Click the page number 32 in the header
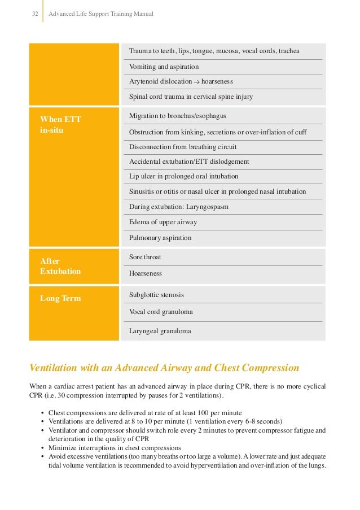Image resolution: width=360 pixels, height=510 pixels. (34, 13)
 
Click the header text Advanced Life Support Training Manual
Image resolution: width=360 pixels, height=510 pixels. (101, 13)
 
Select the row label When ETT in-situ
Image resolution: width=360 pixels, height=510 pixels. (61, 124)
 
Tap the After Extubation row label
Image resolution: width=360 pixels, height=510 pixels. (60, 266)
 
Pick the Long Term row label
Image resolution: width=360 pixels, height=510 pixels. (60, 298)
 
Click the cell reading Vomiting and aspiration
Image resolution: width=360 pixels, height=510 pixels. (164, 66)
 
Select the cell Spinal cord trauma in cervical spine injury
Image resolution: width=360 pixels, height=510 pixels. (191, 97)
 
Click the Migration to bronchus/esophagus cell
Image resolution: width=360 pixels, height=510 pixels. (177, 116)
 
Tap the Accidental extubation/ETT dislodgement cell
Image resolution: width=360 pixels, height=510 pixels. (189, 162)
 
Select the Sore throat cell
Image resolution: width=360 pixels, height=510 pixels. (145, 257)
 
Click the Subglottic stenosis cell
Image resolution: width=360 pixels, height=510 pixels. (156, 295)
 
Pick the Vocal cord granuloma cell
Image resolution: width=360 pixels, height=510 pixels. (161, 312)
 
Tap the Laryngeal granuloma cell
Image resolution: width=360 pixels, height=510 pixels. (160, 331)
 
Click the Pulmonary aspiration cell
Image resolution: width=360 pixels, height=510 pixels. (160, 238)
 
